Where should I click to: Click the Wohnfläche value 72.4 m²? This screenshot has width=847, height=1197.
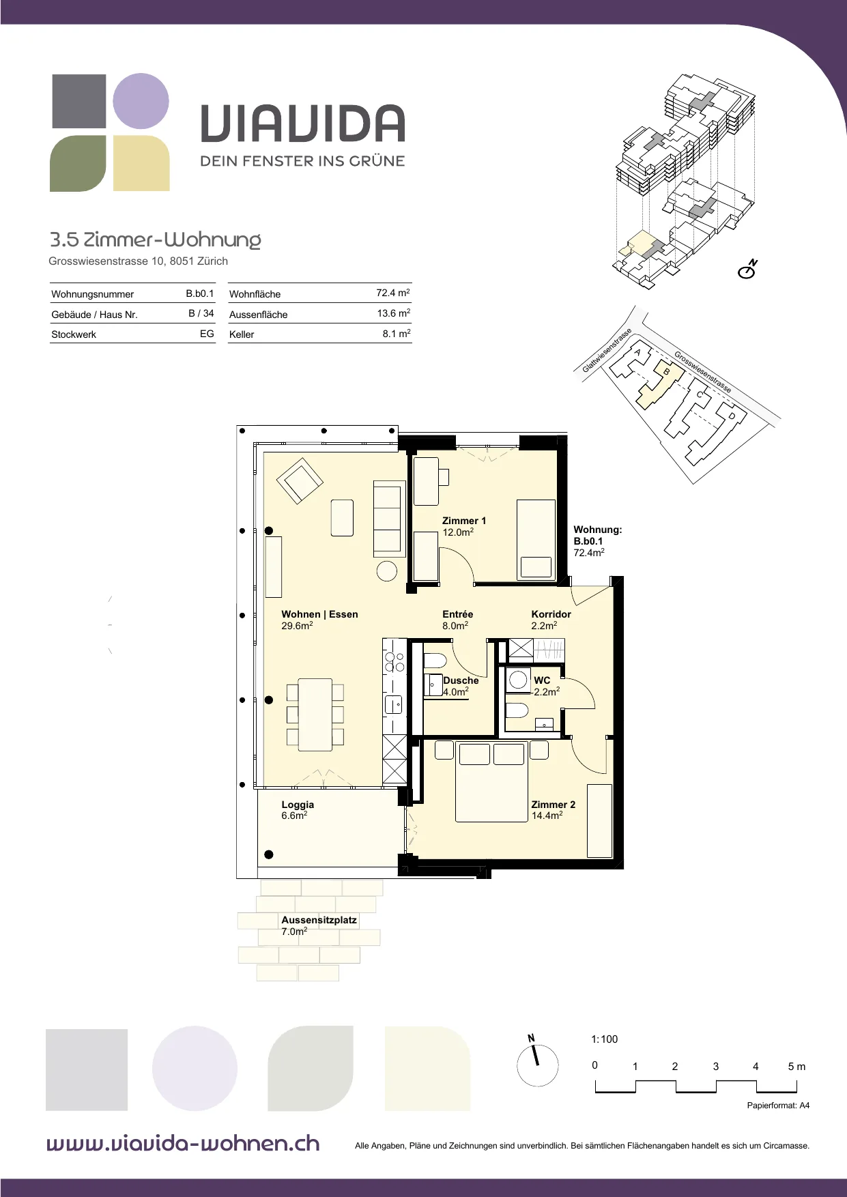click(393, 293)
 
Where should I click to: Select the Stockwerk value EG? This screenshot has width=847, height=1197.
click(207, 334)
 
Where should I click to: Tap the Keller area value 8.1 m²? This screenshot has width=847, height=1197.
click(397, 334)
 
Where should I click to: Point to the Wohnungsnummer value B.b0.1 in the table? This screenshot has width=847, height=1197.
click(200, 293)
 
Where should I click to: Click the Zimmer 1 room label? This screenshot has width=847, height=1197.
click(464, 521)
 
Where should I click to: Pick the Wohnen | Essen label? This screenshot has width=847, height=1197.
click(319, 614)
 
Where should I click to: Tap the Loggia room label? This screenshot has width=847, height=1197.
click(298, 805)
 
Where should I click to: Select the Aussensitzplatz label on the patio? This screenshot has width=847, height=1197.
click(319, 920)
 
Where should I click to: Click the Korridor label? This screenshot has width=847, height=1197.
click(551, 614)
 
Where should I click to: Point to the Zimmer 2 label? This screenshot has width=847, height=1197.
click(554, 805)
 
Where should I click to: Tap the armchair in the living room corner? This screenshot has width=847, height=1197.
click(299, 480)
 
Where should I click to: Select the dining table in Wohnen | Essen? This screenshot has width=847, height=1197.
click(315, 715)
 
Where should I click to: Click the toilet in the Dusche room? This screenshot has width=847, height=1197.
click(435, 661)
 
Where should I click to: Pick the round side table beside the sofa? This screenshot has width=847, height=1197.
click(387, 571)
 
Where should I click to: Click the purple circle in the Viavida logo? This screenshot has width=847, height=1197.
click(141, 101)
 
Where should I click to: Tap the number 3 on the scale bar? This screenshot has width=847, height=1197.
click(715, 1066)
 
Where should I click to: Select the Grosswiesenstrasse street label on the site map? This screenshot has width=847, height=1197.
click(702, 372)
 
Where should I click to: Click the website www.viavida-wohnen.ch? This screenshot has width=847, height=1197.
click(183, 1143)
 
